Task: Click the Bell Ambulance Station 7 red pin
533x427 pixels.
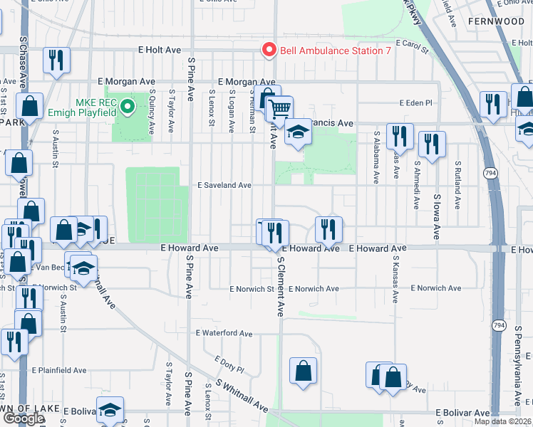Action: click(x=269, y=51)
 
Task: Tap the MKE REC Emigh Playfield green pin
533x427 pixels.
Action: click(x=128, y=107)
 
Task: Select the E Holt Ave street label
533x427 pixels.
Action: click(x=160, y=51)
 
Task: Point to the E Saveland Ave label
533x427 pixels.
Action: click(x=224, y=185)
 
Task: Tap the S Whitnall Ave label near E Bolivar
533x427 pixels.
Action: click(x=242, y=399)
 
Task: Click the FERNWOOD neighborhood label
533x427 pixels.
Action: click(x=496, y=22)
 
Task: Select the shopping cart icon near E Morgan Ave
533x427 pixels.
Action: click(x=280, y=109)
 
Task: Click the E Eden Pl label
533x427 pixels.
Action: click(x=415, y=102)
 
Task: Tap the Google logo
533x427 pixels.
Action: click(x=23, y=418)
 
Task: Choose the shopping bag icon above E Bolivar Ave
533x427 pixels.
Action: click(x=303, y=370)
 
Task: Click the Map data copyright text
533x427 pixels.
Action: click(x=502, y=421)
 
